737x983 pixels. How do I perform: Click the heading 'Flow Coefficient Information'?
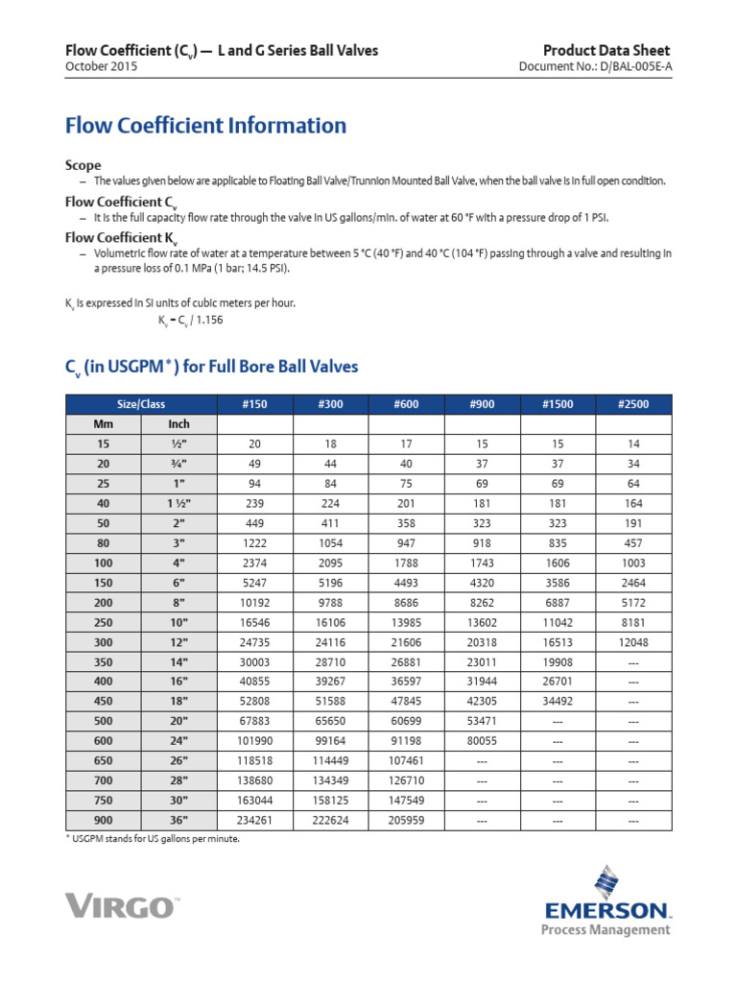[x=205, y=126]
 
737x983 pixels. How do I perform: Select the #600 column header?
[x=405, y=404]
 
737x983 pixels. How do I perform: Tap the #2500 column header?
[x=633, y=404]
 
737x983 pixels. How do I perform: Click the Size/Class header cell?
[x=141, y=404]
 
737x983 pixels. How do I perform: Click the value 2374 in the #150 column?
[x=255, y=563]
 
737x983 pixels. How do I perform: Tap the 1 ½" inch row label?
[x=178, y=503]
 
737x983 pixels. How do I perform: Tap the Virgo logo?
[x=123, y=905]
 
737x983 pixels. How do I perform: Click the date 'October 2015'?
[x=101, y=67]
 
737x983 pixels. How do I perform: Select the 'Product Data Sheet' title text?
[x=606, y=50]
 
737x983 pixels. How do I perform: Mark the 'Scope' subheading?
[x=83, y=165]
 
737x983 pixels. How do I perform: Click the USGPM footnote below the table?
[x=152, y=838]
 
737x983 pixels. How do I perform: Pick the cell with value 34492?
[x=558, y=701]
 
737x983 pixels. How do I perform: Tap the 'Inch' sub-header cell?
[x=178, y=423]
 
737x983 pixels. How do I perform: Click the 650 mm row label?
[x=103, y=760]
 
